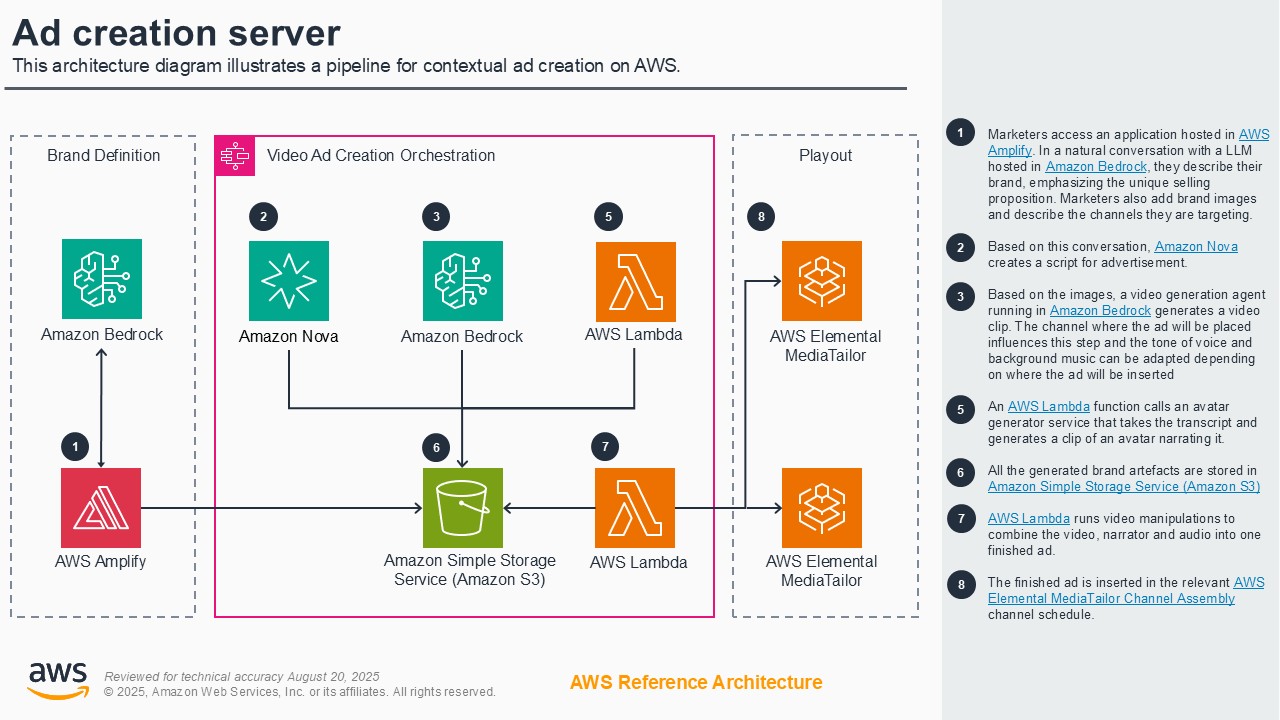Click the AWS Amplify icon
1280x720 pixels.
101,508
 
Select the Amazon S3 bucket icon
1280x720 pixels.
462,508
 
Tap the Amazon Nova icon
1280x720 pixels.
288,281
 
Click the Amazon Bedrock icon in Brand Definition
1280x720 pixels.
101,279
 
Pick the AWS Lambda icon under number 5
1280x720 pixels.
635,281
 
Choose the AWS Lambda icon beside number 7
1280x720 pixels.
635,508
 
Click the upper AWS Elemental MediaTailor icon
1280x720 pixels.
822,281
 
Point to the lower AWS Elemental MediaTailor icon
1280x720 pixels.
822,508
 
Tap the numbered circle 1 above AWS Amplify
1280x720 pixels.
75,446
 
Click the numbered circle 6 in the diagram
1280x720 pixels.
436,447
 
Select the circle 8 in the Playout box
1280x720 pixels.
762,217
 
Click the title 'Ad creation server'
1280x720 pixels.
176,33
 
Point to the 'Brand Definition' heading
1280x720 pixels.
103,155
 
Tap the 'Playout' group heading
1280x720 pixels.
825,155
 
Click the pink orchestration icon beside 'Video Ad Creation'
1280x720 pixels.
235,156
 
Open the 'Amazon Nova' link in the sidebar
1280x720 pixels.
1196,247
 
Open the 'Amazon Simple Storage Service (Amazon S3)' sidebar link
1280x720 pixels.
1123,487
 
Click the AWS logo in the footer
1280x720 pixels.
57,681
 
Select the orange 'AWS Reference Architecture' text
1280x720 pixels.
696,682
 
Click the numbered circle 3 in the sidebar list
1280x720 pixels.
961,295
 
